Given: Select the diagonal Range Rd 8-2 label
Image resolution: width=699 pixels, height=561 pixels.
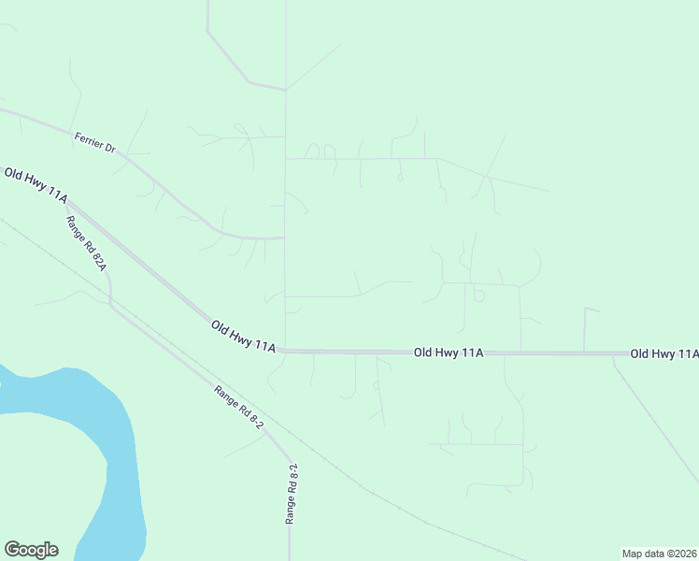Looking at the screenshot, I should click(x=239, y=408).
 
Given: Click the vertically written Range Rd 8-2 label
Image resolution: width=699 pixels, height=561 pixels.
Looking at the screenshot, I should click(x=292, y=494).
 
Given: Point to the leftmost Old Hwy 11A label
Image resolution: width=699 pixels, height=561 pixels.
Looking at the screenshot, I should click(x=36, y=185).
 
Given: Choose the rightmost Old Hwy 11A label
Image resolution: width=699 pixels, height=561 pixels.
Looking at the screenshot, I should click(x=663, y=353).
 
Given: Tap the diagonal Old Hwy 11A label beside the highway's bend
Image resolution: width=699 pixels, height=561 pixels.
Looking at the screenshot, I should click(x=243, y=336).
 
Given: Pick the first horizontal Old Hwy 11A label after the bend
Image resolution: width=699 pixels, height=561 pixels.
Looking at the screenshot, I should click(x=449, y=352).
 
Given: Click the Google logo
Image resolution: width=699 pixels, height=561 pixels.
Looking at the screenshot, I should click(x=31, y=550).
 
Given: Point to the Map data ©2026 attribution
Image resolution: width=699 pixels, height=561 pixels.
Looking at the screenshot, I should click(x=659, y=553).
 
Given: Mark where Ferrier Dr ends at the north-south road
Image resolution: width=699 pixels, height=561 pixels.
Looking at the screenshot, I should click(x=285, y=238).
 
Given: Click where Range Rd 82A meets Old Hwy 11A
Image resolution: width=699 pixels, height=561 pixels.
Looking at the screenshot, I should click(x=65, y=200).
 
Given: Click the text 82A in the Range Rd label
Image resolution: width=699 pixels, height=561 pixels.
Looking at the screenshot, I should click(x=97, y=257).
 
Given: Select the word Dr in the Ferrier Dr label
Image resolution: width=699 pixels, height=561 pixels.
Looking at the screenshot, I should click(x=109, y=149).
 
